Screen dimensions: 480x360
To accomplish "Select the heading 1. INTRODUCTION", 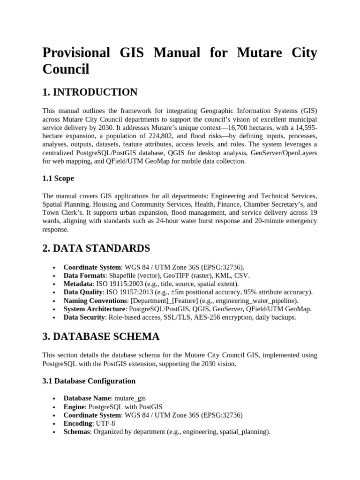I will (x=90, y=92).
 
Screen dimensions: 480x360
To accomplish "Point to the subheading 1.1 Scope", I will (x=58, y=179).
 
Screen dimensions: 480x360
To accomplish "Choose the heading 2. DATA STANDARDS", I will (x=96, y=248).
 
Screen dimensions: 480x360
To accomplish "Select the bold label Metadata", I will (x=78, y=284).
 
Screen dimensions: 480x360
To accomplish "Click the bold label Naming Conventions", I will (x=95, y=300).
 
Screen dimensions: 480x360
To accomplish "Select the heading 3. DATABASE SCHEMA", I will (x=101, y=337).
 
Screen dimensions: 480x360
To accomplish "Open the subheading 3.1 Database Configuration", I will (x=89, y=381).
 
